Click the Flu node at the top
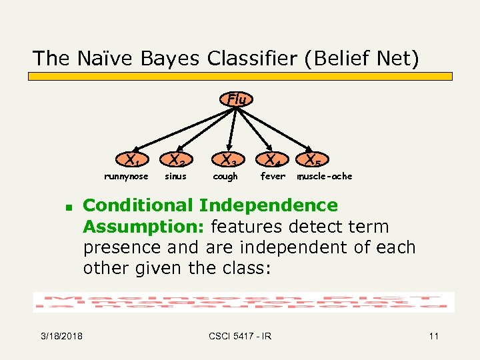click(x=237, y=99)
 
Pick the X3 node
click(x=229, y=160)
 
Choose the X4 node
click(x=270, y=160)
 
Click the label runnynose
click(x=126, y=177)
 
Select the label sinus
click(x=175, y=177)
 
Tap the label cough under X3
click(x=225, y=177)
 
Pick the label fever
click(x=273, y=177)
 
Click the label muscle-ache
click(x=325, y=177)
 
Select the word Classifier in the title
click(x=253, y=59)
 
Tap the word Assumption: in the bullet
click(x=144, y=227)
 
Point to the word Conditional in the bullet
click(x=137, y=205)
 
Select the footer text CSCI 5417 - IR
click(x=240, y=336)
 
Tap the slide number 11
click(x=433, y=336)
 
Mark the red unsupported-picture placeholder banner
click(x=244, y=302)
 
